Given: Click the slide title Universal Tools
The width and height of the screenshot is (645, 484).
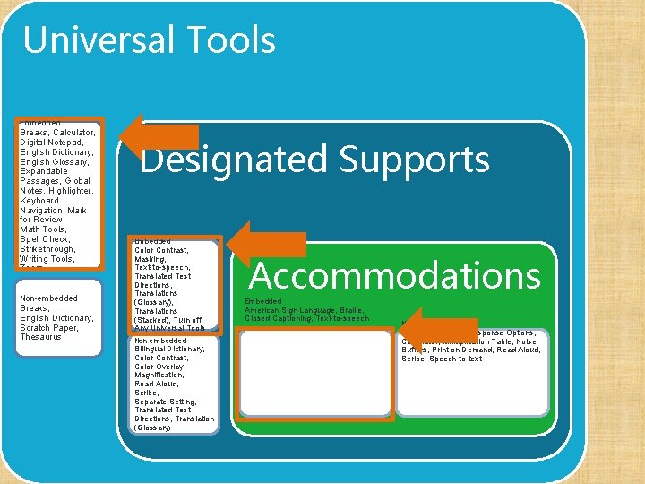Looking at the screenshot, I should tap(149, 40).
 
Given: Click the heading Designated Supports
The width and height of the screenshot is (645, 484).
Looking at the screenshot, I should tap(314, 160).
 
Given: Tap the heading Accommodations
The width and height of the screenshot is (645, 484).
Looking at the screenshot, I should tap(394, 275).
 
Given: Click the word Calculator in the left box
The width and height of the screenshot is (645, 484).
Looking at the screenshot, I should tap(74, 133).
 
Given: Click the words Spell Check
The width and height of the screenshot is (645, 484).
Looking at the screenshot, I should tap(45, 239).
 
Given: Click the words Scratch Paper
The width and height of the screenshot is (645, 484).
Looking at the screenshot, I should tap(49, 327).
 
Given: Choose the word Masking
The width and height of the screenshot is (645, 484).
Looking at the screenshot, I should tap(150, 258).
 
